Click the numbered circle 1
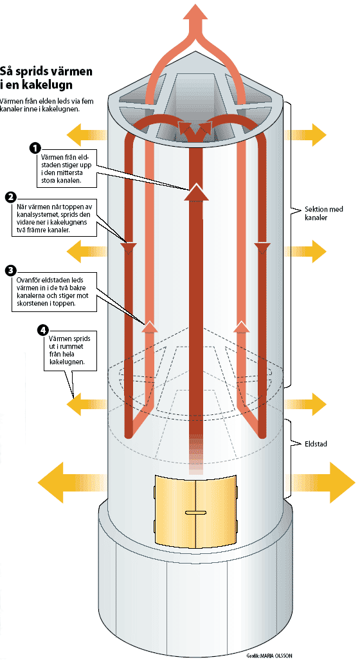pos(36,149)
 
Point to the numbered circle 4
pos(43,330)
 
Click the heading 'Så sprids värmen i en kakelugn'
pos(46,77)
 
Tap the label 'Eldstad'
pos(316,444)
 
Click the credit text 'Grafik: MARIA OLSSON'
pos(269,656)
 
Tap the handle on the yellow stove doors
pos(195,513)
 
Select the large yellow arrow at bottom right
pos(321,482)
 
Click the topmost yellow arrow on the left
pos(87,135)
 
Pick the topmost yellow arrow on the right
pos(305,135)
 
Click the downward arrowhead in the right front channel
pos(262,248)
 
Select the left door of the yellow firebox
pos(175,510)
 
